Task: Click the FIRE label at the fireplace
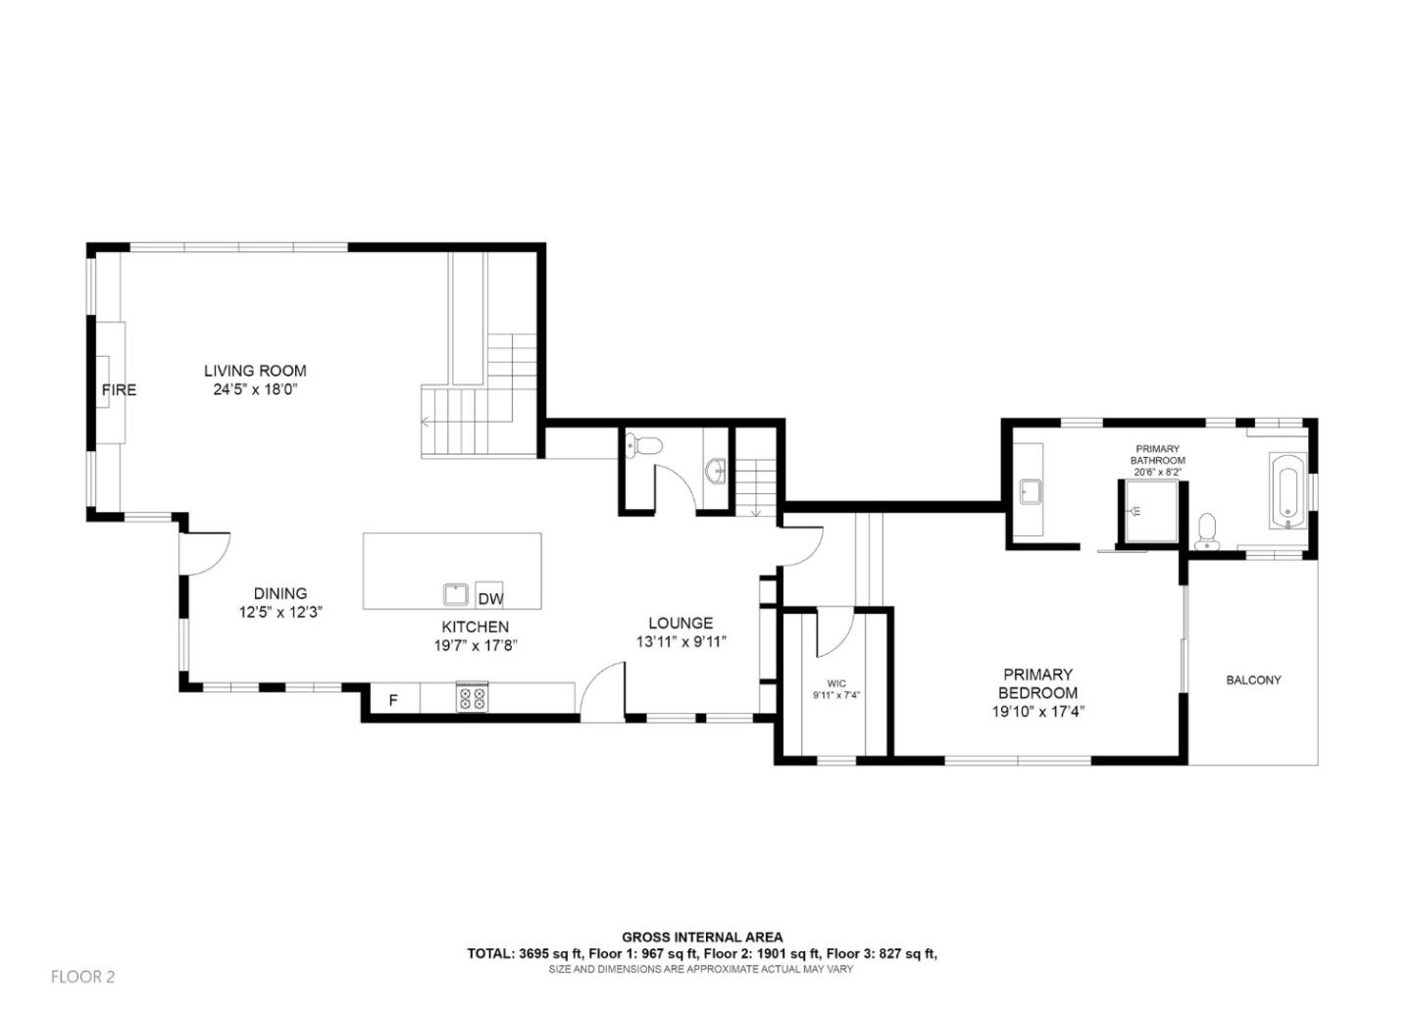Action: point(119,390)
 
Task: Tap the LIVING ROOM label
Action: point(255,371)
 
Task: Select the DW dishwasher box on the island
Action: point(490,599)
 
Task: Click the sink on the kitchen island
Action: point(456,594)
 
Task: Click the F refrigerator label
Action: point(393,700)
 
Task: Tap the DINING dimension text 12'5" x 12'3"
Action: point(280,612)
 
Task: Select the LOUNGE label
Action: point(681,623)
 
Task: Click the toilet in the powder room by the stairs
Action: point(643,446)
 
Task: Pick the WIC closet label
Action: point(835,683)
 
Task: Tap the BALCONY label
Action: point(1253,680)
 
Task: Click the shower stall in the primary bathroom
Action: point(1146,511)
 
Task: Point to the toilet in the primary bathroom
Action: point(1207,530)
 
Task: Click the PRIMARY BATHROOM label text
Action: point(1157,454)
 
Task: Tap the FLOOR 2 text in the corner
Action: point(82,977)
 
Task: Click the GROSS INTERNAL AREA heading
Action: point(702,937)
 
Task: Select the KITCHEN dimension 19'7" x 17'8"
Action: point(475,645)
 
